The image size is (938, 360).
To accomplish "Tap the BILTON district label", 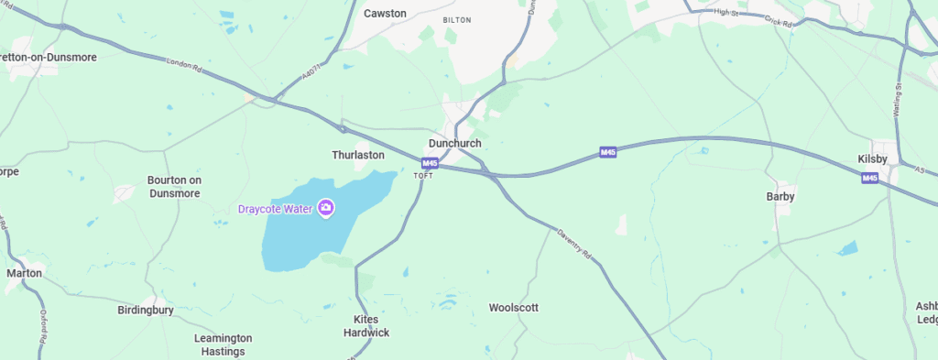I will pyautogui.click(x=455, y=19).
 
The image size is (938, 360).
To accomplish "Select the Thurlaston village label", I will pyautogui.click(x=357, y=156).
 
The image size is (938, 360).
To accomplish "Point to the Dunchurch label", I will pyautogui.click(x=454, y=144).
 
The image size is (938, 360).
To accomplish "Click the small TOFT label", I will pyautogui.click(x=422, y=176).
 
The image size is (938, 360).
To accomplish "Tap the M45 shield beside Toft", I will pyautogui.click(x=430, y=164).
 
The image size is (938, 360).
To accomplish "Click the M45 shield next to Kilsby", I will pyautogui.click(x=869, y=178).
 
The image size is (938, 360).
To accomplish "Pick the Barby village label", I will pyautogui.click(x=780, y=197).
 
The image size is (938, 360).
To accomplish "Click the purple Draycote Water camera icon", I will pyautogui.click(x=325, y=209).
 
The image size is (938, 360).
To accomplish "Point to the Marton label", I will pyautogui.click(x=24, y=273).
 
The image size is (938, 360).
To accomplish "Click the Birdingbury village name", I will pyautogui.click(x=146, y=311).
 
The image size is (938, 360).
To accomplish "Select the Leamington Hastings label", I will pyautogui.click(x=220, y=344).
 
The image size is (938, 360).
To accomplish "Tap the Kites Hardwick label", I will pyautogui.click(x=371, y=326).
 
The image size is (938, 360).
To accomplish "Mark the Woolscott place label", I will pyautogui.click(x=513, y=308).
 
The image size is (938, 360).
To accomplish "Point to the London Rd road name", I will pyautogui.click(x=183, y=65).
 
